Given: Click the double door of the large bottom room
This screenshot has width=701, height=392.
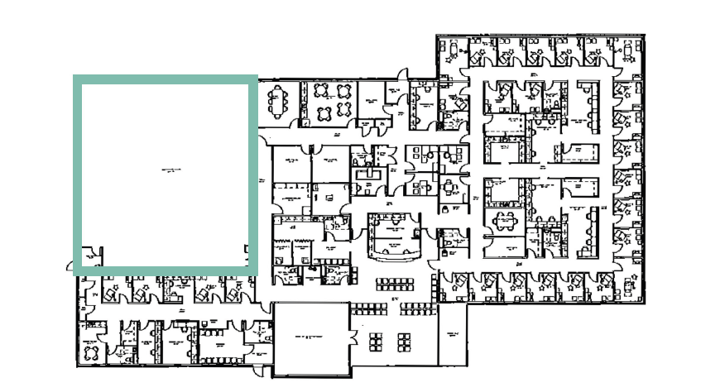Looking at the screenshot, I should pyautogui.click(x=352, y=338).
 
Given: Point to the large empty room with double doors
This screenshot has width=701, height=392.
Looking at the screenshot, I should pyautogui.click(x=310, y=339).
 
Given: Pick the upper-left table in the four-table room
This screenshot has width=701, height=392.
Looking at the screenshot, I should pyautogui.click(x=324, y=92).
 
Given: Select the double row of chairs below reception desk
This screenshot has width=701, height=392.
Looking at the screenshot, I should pyautogui.click(x=394, y=284).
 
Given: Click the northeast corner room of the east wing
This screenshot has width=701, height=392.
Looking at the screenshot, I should pyautogui.click(x=629, y=53).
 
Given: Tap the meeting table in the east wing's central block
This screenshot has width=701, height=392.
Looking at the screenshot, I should pyautogui.click(x=503, y=220).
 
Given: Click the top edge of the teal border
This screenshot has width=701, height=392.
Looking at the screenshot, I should pyautogui.click(x=166, y=79).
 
